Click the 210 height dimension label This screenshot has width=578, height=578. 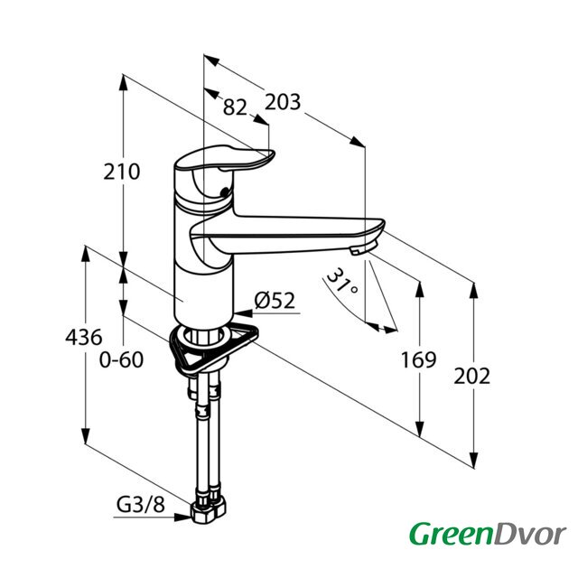tap(122, 172)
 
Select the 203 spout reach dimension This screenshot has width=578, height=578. tap(283, 102)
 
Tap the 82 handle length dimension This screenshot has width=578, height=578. tap(235, 107)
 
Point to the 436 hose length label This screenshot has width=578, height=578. tap(84, 337)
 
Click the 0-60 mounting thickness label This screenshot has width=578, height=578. tap(121, 359)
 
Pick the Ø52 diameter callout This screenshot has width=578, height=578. tap(275, 301)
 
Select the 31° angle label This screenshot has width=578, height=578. tap(341, 281)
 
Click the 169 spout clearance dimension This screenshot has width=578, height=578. tap(418, 359)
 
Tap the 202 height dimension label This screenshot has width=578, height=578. tap(471, 376)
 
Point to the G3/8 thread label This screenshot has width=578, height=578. tap(141, 505)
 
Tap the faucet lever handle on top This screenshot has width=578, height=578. tap(224, 159)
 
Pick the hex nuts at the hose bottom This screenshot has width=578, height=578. tap(208, 511)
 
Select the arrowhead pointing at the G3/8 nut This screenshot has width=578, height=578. tap(182, 517)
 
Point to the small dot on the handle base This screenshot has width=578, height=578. tap(224, 191)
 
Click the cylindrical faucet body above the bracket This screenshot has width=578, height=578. tap(203, 291)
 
